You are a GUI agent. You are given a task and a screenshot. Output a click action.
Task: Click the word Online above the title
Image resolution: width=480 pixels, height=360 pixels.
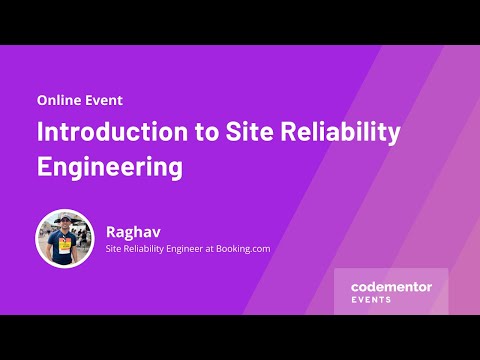[60, 100]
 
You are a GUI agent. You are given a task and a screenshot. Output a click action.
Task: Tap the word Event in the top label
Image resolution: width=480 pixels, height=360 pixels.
[105, 100]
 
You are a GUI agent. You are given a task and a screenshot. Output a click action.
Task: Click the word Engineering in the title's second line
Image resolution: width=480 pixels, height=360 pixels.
[110, 165]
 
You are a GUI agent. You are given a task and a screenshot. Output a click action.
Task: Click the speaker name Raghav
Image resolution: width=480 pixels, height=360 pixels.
[133, 230]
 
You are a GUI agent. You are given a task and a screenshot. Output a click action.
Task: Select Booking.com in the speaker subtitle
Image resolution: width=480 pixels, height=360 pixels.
[237, 249]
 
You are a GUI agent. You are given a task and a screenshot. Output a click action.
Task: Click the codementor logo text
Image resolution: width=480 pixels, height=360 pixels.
[391, 286]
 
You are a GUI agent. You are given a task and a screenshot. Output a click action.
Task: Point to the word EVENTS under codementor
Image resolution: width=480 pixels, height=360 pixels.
[372, 299]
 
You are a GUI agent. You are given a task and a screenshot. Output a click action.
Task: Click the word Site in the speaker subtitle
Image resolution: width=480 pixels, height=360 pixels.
[114, 249]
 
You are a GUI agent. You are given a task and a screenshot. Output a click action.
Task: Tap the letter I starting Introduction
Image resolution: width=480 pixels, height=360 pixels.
[41, 132]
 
